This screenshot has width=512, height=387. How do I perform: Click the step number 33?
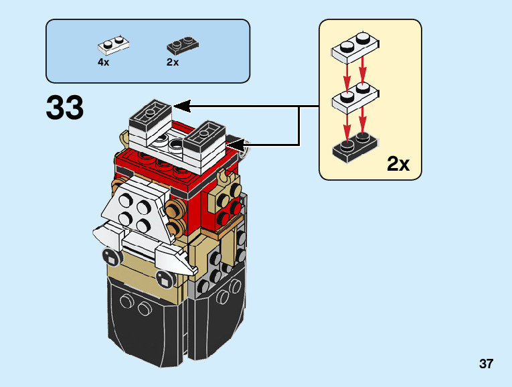[65, 108]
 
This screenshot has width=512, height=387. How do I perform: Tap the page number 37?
[486, 364]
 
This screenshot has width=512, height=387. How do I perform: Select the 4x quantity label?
[103, 62]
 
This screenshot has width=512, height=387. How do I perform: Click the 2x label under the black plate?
[173, 62]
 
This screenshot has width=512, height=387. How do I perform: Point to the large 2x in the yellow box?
[398, 163]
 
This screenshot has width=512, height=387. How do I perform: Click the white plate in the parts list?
[113, 45]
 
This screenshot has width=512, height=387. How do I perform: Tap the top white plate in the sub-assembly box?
[355, 48]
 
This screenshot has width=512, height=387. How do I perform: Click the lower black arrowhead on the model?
[237, 143]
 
